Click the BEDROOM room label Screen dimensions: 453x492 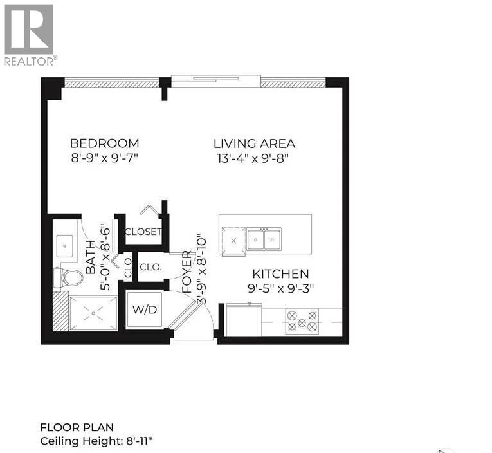[x=104, y=143]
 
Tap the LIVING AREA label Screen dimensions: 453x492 [x=254, y=143]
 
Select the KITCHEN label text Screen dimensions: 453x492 [x=280, y=274]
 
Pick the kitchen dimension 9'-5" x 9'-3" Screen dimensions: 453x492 [x=280, y=289]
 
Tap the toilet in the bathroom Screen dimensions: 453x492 [x=69, y=278]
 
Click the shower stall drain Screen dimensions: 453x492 [x=93, y=313]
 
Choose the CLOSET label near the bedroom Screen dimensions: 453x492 [x=143, y=232]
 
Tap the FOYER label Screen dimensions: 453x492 [x=187, y=273]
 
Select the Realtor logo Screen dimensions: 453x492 [x=30, y=35]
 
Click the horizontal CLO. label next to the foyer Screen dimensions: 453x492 [x=150, y=266]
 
